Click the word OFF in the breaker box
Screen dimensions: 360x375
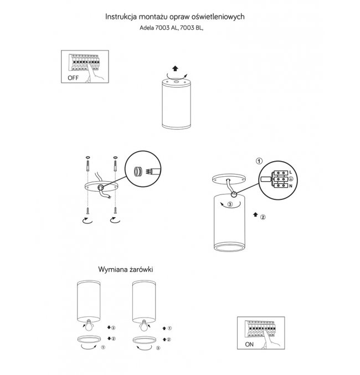[x=73, y=78]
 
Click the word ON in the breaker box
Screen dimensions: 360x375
[x=249, y=345]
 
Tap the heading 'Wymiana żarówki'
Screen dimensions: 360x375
[x=126, y=270]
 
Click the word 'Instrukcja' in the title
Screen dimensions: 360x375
[x=121, y=17]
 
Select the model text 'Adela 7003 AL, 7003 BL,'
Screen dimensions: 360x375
[x=172, y=28]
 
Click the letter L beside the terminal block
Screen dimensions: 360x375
[x=291, y=172]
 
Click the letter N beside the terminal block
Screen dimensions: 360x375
[x=291, y=186]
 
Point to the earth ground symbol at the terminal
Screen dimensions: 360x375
[x=291, y=179]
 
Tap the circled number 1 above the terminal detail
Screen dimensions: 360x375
[x=259, y=161]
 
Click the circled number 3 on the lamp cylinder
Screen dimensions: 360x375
[x=230, y=204]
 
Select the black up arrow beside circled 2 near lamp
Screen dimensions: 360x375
[x=255, y=214]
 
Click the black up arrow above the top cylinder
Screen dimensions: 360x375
[x=176, y=69]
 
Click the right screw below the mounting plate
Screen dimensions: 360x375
[x=115, y=210]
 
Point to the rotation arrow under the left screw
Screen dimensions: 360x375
[x=88, y=220]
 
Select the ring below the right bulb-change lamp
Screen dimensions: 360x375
[x=144, y=340]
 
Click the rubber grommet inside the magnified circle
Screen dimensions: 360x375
[x=138, y=172]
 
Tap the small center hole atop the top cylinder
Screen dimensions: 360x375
[x=177, y=82]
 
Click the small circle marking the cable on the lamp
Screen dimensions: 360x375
[x=234, y=194]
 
